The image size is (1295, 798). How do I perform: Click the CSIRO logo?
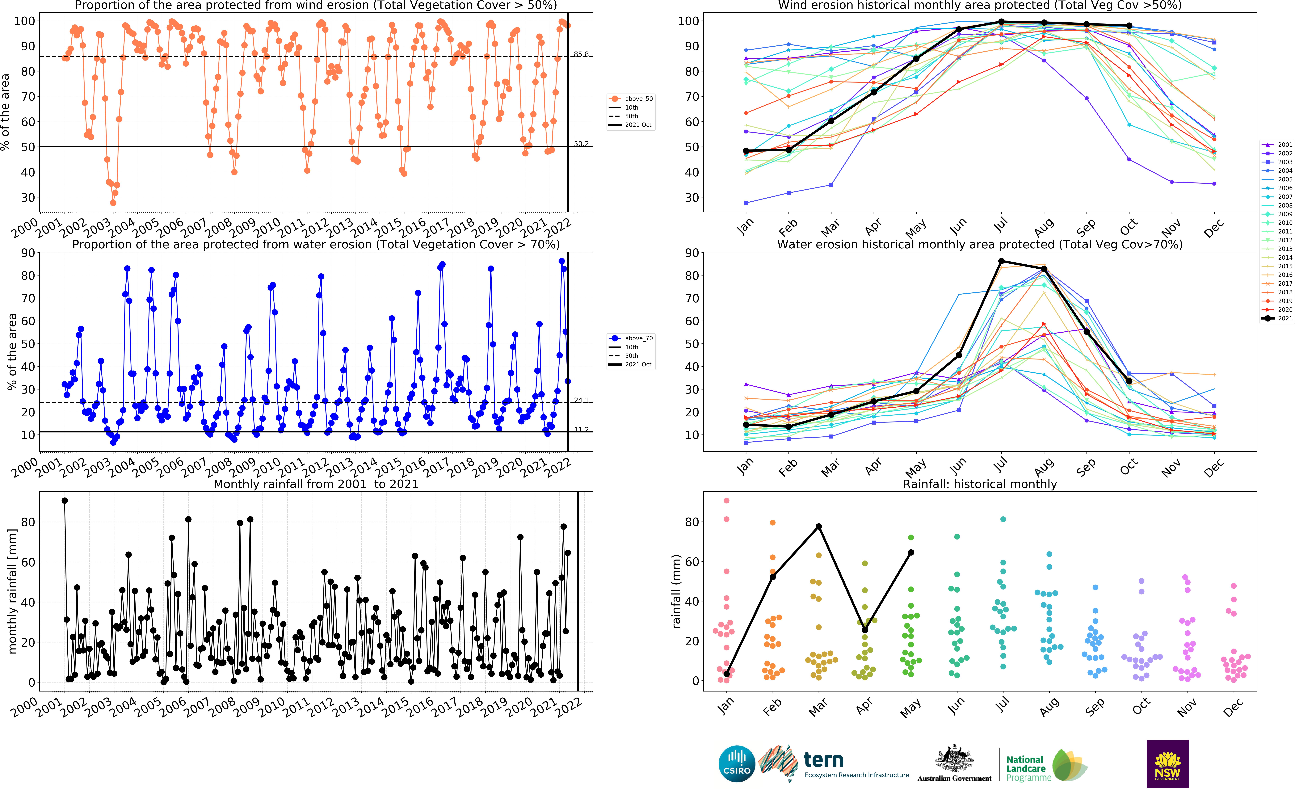pyautogui.click(x=737, y=764)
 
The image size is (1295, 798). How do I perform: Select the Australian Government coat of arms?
pyautogui.click(x=954, y=760)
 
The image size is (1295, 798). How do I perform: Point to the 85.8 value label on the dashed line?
pyautogui.click(x=581, y=54)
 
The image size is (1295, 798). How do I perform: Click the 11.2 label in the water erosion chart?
pyautogui.click(x=581, y=430)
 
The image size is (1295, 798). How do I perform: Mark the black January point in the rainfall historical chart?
pyautogui.click(x=727, y=674)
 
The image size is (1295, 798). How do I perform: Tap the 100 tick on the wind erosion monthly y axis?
pyautogui.click(x=688, y=21)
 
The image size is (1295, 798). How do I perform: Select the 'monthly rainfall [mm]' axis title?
pyautogui.click(x=13, y=591)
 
